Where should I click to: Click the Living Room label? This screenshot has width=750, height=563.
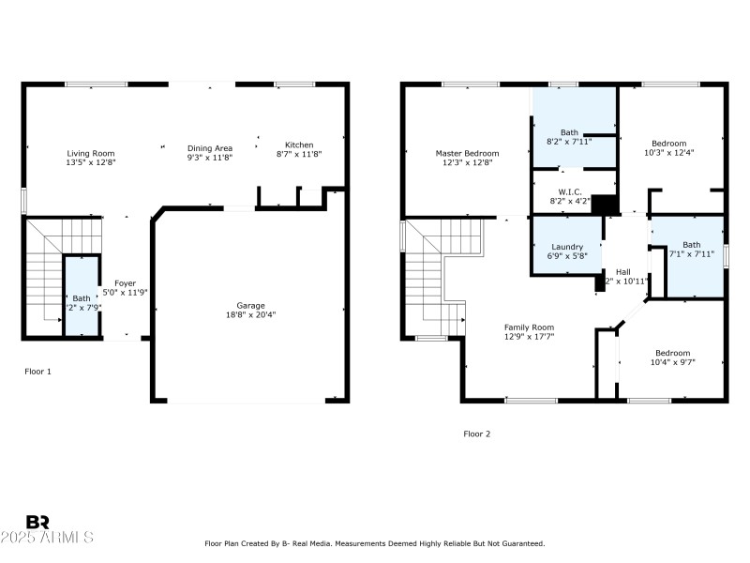91,153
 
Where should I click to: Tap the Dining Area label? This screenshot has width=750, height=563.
210,147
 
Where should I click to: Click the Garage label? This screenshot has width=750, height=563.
250,305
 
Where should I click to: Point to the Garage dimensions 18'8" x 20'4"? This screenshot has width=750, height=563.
250,314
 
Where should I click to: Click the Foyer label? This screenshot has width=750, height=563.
125,282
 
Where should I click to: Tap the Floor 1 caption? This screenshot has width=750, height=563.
37,372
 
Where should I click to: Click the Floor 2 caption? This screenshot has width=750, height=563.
476,434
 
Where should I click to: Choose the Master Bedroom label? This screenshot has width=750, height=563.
467,153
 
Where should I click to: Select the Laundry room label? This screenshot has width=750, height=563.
566,247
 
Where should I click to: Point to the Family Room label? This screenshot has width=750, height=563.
529,327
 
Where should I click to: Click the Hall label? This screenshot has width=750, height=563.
622,271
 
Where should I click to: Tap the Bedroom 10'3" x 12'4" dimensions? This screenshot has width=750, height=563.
669,153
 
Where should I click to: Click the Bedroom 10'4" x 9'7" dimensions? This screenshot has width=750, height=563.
672,362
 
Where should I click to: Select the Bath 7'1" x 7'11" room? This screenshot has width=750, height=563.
691,250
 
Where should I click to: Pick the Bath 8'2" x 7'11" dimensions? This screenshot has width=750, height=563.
569,142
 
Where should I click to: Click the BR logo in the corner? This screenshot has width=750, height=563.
37,523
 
